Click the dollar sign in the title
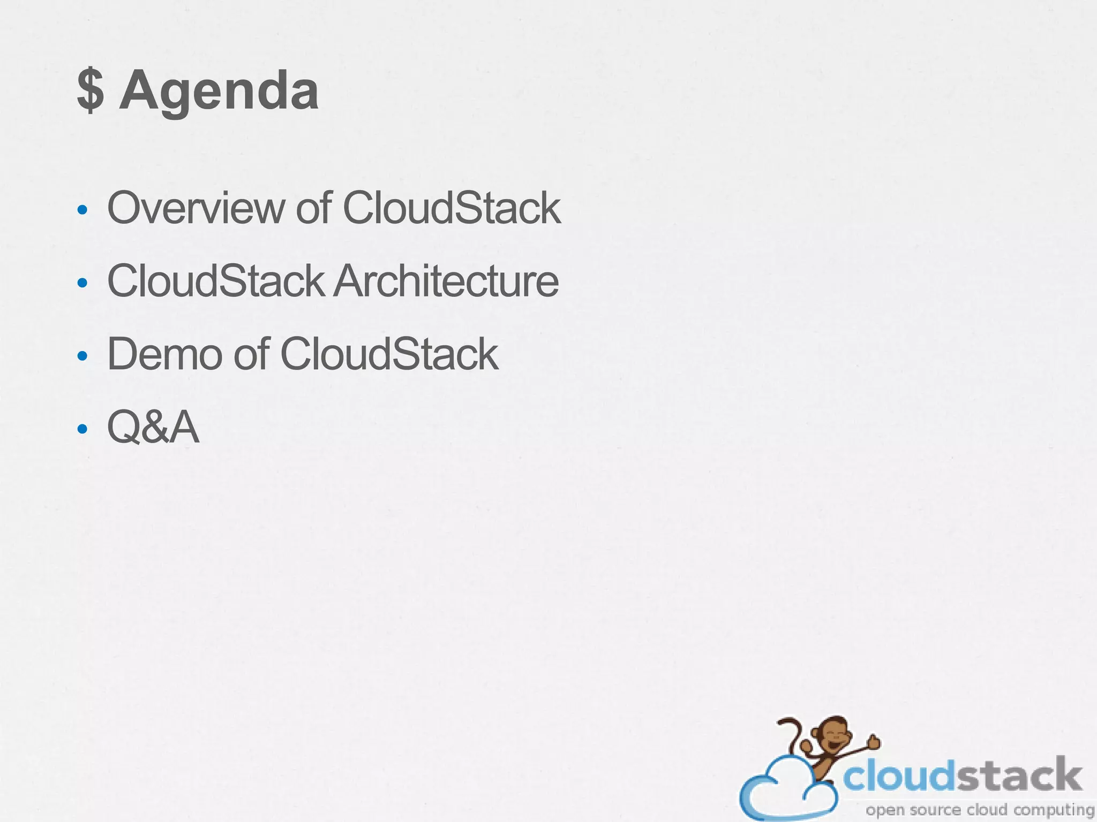90,91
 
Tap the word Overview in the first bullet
196,208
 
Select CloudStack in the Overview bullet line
451,208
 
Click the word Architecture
446,281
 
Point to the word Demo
164,354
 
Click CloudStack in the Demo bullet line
389,354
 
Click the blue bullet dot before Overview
82,210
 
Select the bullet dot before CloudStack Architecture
82,283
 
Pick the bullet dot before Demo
82,356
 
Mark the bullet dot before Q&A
82,429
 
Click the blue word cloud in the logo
900,777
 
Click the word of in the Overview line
314,208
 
